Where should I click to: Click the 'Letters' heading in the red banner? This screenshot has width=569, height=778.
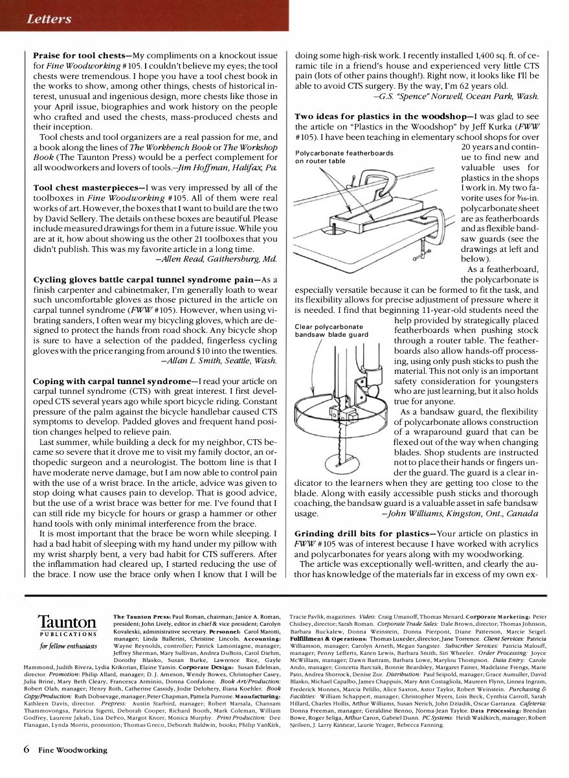tap(49, 19)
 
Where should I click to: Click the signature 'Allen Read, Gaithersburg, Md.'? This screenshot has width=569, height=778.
tap(217, 259)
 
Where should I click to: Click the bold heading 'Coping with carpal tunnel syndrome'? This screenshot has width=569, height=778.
tap(114, 381)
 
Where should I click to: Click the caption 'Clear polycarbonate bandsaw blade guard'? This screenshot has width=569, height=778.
tap(331, 330)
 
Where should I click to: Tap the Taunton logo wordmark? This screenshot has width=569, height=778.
tap(67, 621)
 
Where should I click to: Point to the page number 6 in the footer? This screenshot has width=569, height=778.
tap(26, 750)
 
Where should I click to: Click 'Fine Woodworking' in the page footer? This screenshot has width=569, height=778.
tap(72, 750)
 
